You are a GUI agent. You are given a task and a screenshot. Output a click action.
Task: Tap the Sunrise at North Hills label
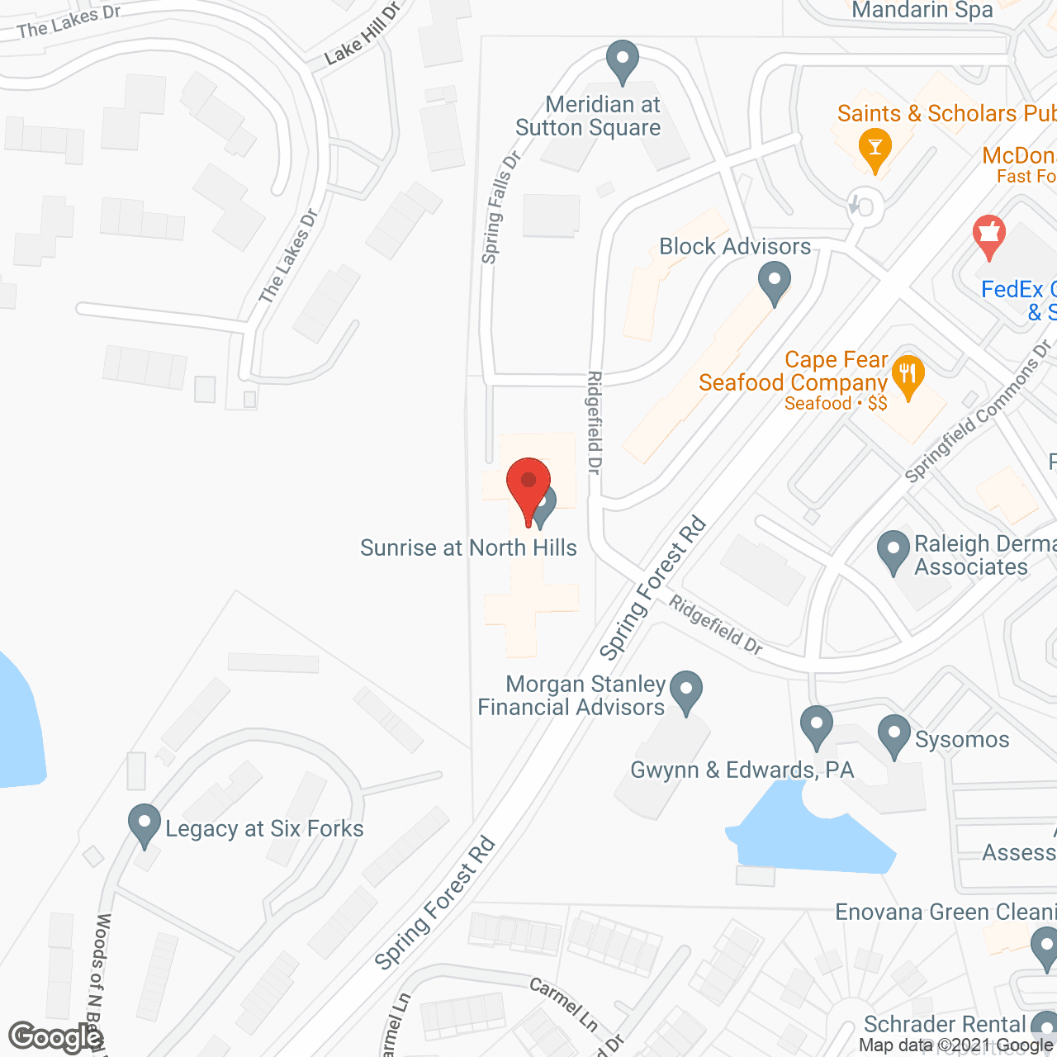[468, 547]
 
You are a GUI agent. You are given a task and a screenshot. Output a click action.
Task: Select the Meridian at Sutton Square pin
[623, 60]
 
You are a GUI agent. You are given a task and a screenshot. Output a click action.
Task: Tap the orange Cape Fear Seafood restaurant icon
[908, 377]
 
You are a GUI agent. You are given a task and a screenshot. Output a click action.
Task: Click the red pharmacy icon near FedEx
[988, 235]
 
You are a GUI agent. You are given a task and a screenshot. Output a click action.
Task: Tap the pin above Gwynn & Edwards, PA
[816, 726]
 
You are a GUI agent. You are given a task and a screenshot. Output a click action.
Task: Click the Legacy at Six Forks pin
[145, 823]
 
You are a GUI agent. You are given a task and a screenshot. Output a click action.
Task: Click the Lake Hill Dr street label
[362, 35]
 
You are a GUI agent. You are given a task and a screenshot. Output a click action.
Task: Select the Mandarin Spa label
[922, 11]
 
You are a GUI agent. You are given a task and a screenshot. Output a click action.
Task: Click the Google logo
[55, 1037]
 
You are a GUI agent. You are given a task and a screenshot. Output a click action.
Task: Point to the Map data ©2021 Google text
[956, 1045]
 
